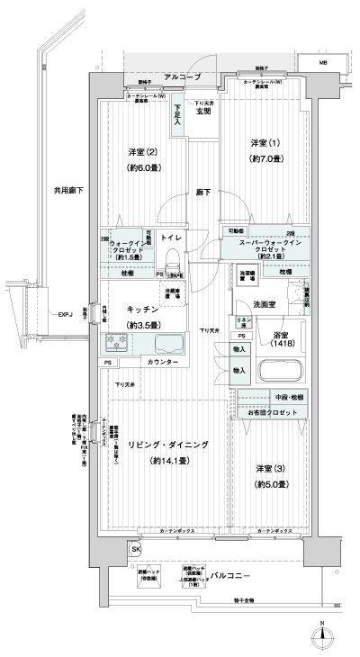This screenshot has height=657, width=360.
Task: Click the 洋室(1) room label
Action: (x=259, y=144)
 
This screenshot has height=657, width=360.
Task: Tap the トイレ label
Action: (x=172, y=237)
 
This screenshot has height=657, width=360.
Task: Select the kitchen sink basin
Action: (x=169, y=343)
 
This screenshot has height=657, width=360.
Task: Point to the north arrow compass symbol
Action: (x=322, y=636)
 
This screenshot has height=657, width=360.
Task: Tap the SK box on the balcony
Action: (x=137, y=548)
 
